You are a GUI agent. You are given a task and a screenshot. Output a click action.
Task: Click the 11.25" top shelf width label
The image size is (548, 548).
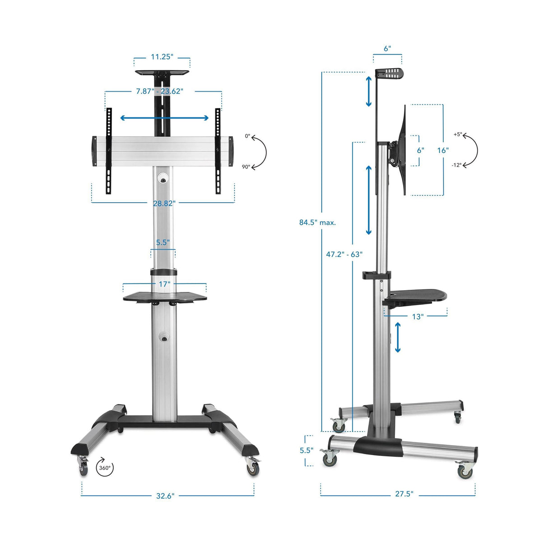point(162,57)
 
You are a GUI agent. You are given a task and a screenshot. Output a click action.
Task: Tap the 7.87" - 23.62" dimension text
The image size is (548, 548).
point(159,91)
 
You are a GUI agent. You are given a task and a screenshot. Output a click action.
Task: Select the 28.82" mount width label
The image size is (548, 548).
point(164,203)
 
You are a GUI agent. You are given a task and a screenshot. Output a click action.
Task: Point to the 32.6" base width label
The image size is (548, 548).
point(165,496)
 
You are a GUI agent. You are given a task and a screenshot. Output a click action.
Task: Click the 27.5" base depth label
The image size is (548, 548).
point(404,494)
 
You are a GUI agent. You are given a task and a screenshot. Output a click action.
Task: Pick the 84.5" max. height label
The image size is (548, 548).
point(317,222)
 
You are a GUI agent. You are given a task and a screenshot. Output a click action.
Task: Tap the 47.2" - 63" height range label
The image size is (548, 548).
point(344,254)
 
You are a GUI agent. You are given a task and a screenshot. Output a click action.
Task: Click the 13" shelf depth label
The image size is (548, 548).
point(418,316)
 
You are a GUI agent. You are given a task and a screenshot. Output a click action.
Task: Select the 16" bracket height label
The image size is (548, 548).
point(442,150)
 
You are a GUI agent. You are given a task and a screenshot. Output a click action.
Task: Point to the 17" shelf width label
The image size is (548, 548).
point(164,284)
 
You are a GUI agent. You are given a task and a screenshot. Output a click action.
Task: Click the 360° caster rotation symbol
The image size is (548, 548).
point(105,468)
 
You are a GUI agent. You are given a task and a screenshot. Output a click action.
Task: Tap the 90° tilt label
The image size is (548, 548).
point(246,167)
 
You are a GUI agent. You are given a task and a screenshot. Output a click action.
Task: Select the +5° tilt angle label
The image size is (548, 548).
point(458,135)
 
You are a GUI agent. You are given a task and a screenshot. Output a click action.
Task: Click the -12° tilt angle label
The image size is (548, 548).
point(456,165)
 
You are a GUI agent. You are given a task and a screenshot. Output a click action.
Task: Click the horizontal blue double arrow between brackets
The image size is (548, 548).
point(164,118)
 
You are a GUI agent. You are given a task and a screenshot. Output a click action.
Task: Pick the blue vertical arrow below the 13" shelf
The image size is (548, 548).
point(398,337)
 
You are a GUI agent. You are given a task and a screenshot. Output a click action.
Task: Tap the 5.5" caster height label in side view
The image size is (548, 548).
point(306,450)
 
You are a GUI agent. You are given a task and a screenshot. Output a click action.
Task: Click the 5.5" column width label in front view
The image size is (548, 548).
point(163,242)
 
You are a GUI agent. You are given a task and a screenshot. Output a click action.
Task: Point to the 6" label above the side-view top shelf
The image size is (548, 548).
point(387,49)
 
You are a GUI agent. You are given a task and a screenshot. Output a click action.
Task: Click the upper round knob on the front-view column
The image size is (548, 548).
point(163,180)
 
